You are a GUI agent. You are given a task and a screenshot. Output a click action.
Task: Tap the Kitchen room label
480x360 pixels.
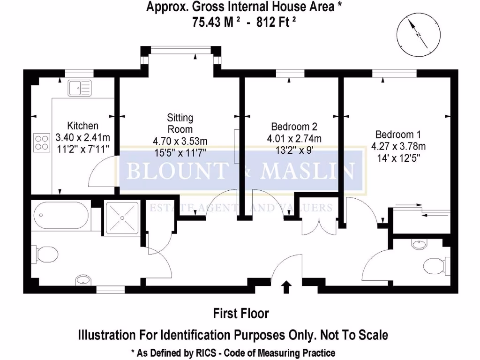click(83, 126)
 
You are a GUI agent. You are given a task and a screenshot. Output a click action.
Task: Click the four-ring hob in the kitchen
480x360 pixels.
click(41, 142)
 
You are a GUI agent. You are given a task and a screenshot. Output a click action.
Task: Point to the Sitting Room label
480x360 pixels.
click(180, 123)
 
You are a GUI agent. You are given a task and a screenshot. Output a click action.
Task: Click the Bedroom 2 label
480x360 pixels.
click(294, 127)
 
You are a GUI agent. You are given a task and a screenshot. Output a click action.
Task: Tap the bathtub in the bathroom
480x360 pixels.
click(61, 217)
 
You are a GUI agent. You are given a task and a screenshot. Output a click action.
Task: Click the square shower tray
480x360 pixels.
click(122, 217)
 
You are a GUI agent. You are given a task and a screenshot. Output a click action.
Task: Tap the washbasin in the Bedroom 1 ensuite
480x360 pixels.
click(419, 244)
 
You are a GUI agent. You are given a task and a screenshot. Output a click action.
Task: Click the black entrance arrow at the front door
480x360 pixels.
click(287, 286)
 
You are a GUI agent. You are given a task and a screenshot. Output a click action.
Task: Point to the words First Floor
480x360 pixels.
click(241, 313)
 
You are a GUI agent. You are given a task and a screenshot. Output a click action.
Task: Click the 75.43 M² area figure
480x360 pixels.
click(214, 22)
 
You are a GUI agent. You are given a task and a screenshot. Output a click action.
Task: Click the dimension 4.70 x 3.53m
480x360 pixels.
click(180, 141)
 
